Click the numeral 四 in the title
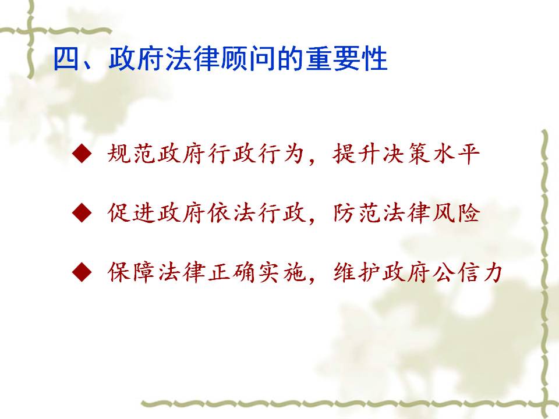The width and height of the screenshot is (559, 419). point(66,59)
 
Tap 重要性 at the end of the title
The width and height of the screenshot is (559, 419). point(346,59)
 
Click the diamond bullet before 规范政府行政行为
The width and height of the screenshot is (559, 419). point(82,154)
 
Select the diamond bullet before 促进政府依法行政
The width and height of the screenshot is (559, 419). point(82,213)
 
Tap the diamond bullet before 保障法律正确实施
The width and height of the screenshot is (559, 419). point(82,272)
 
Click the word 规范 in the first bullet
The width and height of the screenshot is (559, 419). point(131,154)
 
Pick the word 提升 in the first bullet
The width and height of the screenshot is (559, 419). point(356,154)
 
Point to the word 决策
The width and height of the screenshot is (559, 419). point(406,154)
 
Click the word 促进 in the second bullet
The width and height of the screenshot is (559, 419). point(131,213)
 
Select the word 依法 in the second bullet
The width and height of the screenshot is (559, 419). point(232,213)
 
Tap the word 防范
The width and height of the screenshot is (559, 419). point(356,213)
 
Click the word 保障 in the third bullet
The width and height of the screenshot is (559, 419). point(131,272)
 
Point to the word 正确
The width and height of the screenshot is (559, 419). point(232,272)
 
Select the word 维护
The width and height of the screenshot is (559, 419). point(356,272)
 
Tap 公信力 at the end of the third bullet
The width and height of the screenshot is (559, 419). point(468,272)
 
